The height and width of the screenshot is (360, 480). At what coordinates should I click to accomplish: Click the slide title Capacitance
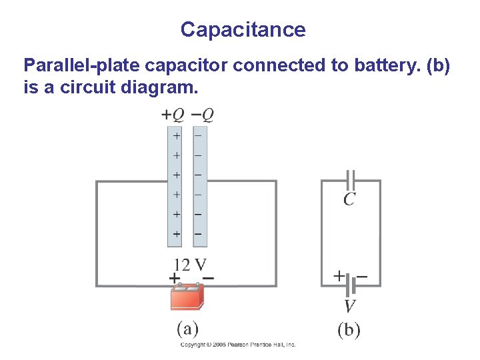[243, 30]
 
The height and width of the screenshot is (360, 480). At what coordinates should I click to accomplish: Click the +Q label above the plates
[173, 115]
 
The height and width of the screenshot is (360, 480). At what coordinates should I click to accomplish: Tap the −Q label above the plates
[203, 115]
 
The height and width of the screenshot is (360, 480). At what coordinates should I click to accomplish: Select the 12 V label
[190, 263]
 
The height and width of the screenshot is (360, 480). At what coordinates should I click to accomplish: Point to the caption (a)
[187, 329]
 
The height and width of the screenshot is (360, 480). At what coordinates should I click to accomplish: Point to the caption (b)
[348, 330]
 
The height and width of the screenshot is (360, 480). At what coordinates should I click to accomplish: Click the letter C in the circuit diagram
[349, 199]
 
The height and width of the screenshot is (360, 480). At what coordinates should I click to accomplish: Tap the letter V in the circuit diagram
[349, 306]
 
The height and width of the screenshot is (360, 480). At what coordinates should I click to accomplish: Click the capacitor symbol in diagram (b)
[351, 180]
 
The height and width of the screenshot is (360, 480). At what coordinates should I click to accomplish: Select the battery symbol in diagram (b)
[351, 285]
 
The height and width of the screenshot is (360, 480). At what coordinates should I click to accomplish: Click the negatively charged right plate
[198, 187]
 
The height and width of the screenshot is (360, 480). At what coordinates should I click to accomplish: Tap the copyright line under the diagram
[238, 345]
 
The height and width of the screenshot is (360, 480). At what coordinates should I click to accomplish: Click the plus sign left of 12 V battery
[173, 277]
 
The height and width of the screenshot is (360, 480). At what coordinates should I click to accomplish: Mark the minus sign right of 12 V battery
[207, 277]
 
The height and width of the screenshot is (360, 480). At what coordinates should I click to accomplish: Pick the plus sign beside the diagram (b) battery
[339, 274]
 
